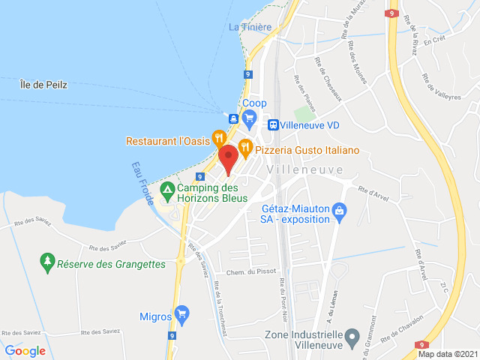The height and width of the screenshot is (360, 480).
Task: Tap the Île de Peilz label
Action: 43,85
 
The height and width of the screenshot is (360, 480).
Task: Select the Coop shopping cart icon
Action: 250,118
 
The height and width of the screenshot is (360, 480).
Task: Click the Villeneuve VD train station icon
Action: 274,124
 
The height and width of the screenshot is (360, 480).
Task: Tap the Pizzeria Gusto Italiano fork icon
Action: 244,148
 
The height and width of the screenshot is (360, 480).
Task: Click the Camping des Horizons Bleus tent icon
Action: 167,189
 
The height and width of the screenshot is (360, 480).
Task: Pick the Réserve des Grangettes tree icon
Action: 47,261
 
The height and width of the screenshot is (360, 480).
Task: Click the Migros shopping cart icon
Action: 181,313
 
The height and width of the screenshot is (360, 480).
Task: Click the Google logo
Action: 25,350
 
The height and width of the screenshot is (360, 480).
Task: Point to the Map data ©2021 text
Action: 447,354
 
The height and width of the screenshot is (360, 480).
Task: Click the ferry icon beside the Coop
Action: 233,118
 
